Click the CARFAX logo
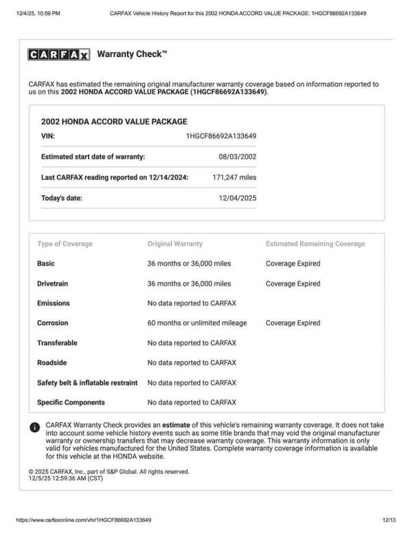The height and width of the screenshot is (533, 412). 59,55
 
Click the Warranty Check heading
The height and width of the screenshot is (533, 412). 132,54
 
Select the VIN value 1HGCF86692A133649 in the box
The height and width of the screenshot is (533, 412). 221,136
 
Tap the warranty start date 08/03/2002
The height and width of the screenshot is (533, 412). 238,157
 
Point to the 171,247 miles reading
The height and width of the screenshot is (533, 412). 234,177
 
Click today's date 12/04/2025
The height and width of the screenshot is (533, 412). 238,199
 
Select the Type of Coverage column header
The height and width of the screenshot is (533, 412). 65,244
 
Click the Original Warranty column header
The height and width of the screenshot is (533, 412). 175,244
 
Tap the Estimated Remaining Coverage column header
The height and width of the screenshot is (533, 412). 315,244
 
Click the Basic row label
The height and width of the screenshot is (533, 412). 45,264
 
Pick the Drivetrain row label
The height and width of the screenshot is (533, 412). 54,284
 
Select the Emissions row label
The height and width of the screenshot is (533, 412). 53,304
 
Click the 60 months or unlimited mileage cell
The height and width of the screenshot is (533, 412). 197,324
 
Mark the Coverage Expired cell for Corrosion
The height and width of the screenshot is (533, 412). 293,324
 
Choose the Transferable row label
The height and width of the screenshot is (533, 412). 57,343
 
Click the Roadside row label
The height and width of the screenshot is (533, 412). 51,363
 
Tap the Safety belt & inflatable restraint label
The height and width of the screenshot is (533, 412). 87,383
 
